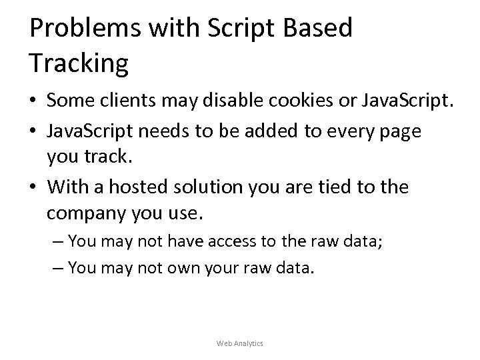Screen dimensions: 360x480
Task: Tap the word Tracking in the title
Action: click(x=79, y=63)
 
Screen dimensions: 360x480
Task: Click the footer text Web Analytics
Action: click(x=240, y=343)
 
